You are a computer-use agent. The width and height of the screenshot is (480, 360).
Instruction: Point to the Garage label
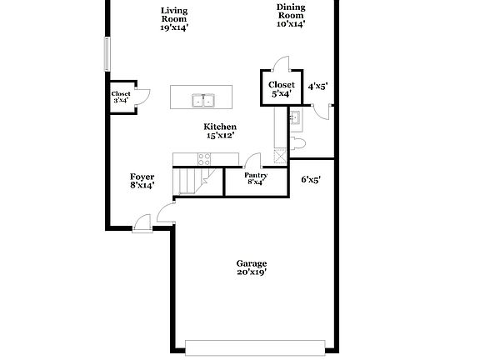pyautogui.click(x=251, y=263)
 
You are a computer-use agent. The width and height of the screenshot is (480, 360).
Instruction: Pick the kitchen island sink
pyautogui.click(x=202, y=101)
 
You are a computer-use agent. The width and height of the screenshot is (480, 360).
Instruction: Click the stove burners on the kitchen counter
pyautogui.click(x=206, y=159)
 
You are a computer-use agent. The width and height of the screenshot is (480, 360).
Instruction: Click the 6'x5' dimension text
pyautogui.click(x=311, y=178)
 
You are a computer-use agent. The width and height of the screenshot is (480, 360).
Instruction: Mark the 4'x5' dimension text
pyautogui.click(x=318, y=86)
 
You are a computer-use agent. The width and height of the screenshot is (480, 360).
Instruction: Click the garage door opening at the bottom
pyautogui.click(x=256, y=346)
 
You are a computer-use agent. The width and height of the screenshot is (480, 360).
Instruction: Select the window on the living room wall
pyautogui.click(x=106, y=54)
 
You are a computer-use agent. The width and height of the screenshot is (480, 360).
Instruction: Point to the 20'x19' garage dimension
pyautogui.click(x=251, y=272)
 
